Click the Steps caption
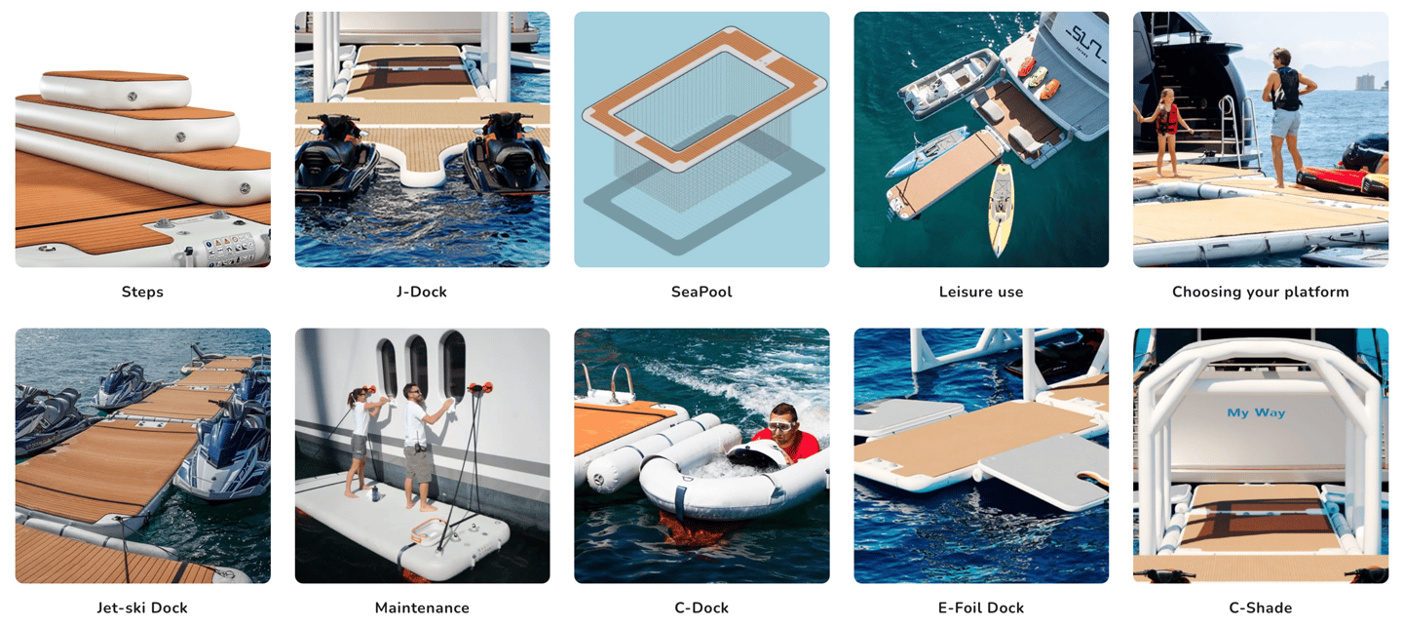(142, 292)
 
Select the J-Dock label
(422, 292)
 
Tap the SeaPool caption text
(701, 292)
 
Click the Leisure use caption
(981, 292)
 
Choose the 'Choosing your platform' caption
(1260, 292)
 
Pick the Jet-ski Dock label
(142, 607)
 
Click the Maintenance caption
(422, 607)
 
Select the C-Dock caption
(701, 607)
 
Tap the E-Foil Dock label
(981, 607)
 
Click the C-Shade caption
(1260, 607)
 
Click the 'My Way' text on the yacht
(1256, 413)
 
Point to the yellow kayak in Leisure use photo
(1001, 208)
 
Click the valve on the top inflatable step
(133, 96)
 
